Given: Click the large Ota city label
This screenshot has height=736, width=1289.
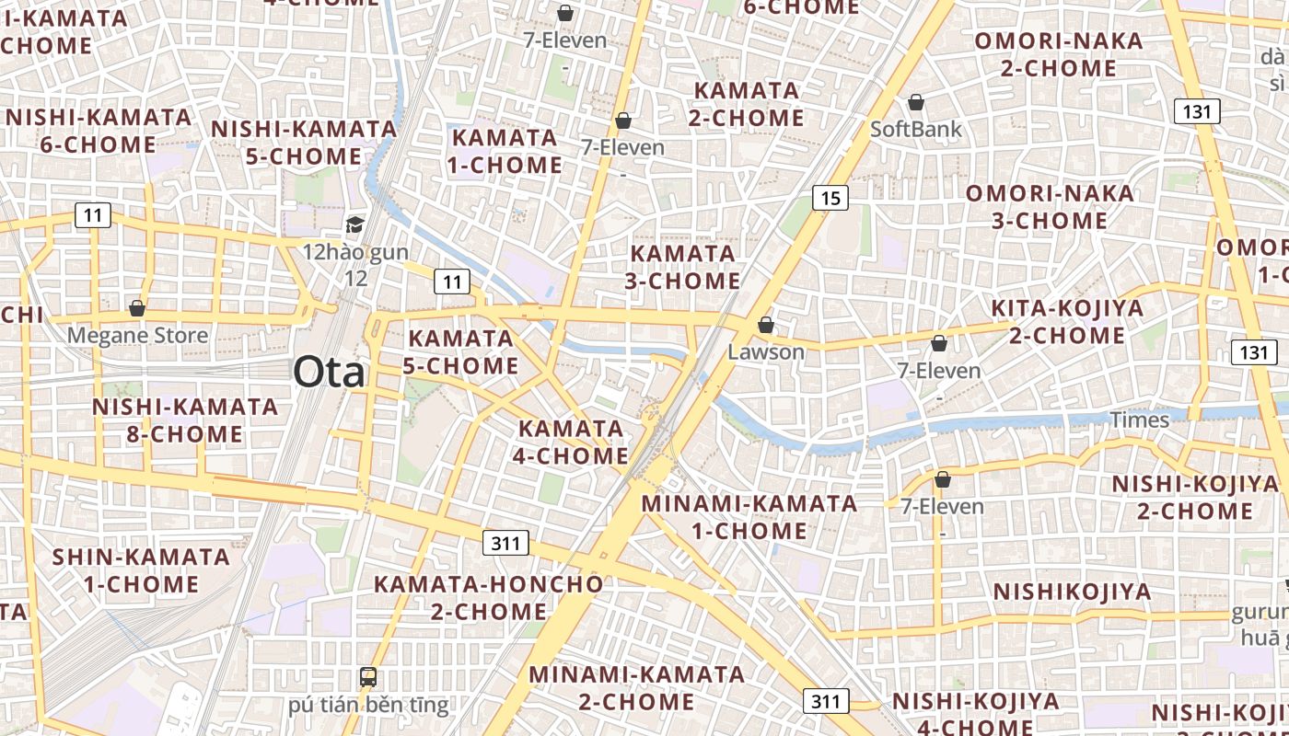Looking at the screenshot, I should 329,373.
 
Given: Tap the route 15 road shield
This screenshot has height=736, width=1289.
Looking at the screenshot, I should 830,197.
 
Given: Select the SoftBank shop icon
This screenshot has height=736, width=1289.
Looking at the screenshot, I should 916,102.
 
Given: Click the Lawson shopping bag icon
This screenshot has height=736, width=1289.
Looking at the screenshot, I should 765,325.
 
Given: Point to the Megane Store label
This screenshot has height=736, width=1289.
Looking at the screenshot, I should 137,335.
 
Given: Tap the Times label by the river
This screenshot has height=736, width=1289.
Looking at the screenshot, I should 1139,420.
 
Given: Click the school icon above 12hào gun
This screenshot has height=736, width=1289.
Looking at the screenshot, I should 354,224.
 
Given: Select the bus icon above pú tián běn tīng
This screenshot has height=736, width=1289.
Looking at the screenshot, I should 368,677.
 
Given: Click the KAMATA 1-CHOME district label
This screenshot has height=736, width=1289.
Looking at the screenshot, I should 505,152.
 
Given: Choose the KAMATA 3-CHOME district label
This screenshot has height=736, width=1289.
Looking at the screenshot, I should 682,267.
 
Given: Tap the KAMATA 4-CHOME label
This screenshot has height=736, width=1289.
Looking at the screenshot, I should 573,442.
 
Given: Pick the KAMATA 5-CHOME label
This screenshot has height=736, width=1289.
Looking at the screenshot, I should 460,351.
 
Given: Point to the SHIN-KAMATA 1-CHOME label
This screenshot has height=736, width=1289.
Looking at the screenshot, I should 141,570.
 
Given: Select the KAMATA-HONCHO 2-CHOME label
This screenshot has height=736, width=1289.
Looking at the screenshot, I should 488,597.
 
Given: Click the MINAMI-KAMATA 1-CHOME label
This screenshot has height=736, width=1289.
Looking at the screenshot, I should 749,517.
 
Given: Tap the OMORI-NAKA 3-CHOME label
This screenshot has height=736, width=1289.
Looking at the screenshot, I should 1050,207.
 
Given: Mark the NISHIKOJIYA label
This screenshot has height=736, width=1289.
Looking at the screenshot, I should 1072,592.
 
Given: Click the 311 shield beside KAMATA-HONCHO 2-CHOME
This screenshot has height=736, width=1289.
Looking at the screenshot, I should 505,543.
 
